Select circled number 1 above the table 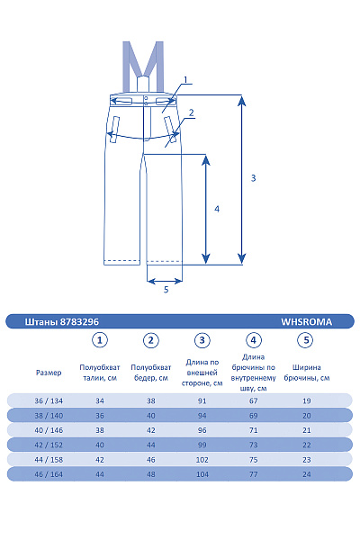click(100, 340)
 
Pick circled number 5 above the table click(306, 340)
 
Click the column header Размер click(49, 372)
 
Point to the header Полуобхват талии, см click(100, 372)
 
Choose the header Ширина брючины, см click(306, 372)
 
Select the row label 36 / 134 click(49, 400)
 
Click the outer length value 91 click(202, 400)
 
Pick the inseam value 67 click(254, 400)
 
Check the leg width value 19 click(306, 400)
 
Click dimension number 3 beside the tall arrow click(253, 178)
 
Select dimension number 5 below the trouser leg click(166, 289)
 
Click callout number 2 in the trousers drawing click(191, 112)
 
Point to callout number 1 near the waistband click(184, 80)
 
